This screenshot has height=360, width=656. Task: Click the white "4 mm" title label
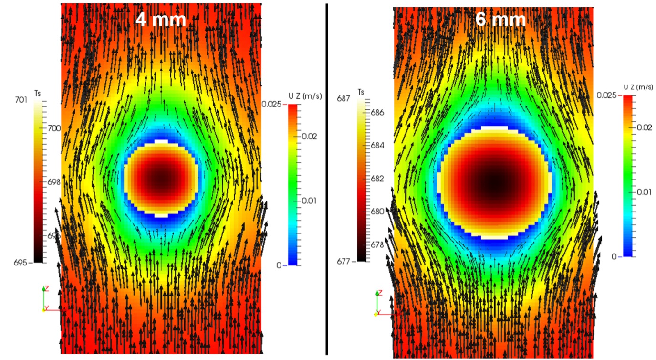pyautogui.click(x=161, y=20)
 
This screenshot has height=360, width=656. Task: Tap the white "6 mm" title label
pyautogui.click(x=500, y=19)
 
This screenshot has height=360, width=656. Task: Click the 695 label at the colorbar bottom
pyautogui.click(x=22, y=263)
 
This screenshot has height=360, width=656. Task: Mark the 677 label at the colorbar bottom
pyautogui.click(x=344, y=261)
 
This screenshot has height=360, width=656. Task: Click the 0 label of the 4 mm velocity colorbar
pyautogui.click(x=279, y=265)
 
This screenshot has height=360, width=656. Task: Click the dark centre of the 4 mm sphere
pyautogui.click(x=161, y=178)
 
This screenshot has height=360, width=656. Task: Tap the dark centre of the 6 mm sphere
pyautogui.click(x=495, y=182)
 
